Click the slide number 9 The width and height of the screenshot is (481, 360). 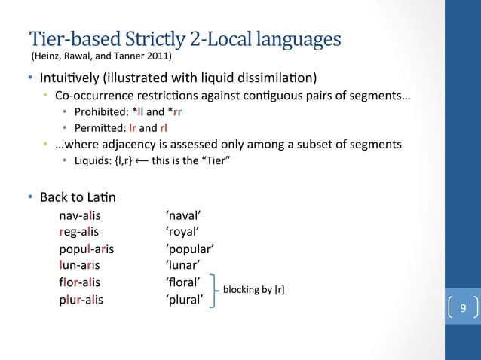click(x=463, y=307)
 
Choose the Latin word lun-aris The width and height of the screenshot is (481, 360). click(x=79, y=265)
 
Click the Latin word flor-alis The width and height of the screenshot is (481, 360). click(x=80, y=282)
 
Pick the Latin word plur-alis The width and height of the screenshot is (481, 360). click(x=81, y=299)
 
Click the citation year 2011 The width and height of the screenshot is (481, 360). click(x=160, y=56)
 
